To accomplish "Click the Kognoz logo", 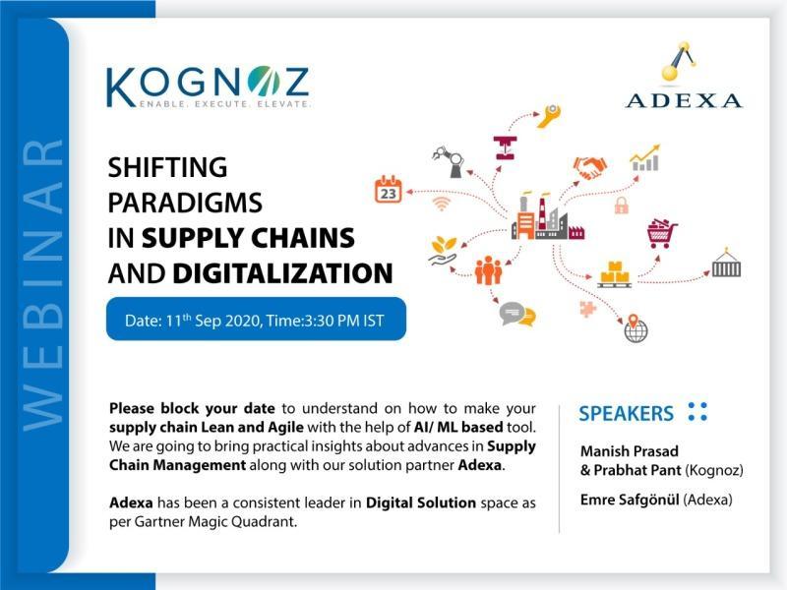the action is tap(208, 88).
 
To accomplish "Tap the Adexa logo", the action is tap(684, 76).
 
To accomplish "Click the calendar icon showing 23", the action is tap(389, 190).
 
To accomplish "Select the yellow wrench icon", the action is tap(548, 116).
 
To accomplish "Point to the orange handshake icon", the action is tap(589, 167).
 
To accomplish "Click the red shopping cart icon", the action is tap(662, 234).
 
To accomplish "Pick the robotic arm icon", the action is tap(450, 161).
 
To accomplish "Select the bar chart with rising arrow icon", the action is tap(645, 158).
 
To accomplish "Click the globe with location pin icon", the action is tap(636, 328).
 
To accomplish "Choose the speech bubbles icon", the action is tap(517, 314).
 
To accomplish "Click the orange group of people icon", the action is tap(488, 270).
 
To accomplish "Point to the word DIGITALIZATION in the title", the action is tap(282, 273).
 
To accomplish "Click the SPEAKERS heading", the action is tap(626, 413).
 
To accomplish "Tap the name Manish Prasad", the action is tap(630, 451).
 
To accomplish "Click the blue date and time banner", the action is tap(256, 319).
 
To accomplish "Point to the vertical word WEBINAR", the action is tap(42, 284).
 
